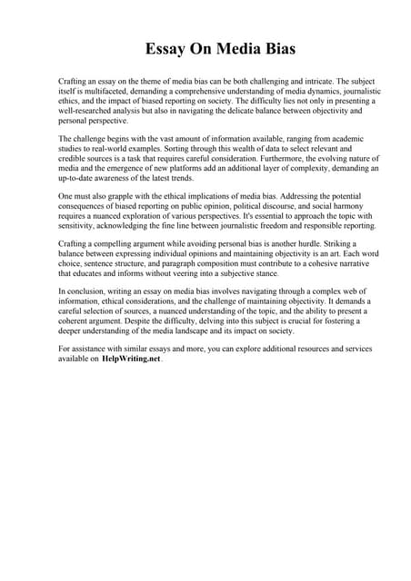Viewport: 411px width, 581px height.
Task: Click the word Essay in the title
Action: pos(166,48)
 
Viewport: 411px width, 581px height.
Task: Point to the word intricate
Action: pos(329,82)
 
